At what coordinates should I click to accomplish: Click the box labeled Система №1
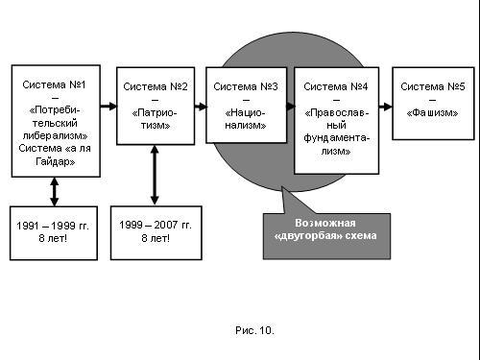[x=56, y=121]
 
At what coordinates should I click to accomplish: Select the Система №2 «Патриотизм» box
[x=156, y=106]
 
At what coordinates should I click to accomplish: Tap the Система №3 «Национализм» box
[x=246, y=105]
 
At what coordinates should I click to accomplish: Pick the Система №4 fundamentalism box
[x=336, y=120]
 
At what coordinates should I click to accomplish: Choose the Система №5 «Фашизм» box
[x=433, y=104]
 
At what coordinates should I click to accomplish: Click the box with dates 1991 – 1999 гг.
[x=54, y=233]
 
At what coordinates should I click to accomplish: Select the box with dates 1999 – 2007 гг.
[x=156, y=232]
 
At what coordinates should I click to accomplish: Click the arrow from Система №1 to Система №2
[x=108, y=106]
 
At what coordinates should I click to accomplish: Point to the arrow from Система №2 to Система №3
[x=201, y=107]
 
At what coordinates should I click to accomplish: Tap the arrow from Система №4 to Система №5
[x=386, y=107]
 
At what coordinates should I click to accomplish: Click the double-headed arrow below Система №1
[x=55, y=192]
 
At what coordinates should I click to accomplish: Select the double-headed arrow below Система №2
[x=155, y=175]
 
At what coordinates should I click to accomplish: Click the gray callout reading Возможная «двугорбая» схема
[x=326, y=236]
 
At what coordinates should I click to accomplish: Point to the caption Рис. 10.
[x=254, y=330]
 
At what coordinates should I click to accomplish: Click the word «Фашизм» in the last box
[x=432, y=112]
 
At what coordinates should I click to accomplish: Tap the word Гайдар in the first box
[x=55, y=161]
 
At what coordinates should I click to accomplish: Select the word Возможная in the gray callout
[x=325, y=223]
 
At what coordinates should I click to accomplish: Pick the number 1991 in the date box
[x=28, y=226]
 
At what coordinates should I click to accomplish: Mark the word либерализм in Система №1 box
[x=55, y=135]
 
